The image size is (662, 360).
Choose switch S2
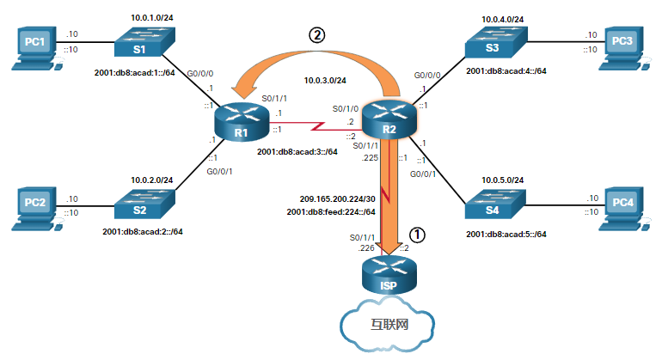coord(141,206)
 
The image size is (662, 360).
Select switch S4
coord(491,207)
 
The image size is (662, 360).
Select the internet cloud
coord(389,325)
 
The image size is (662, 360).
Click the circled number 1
coord(416,232)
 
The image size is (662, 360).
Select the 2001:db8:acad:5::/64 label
coord(506,235)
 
